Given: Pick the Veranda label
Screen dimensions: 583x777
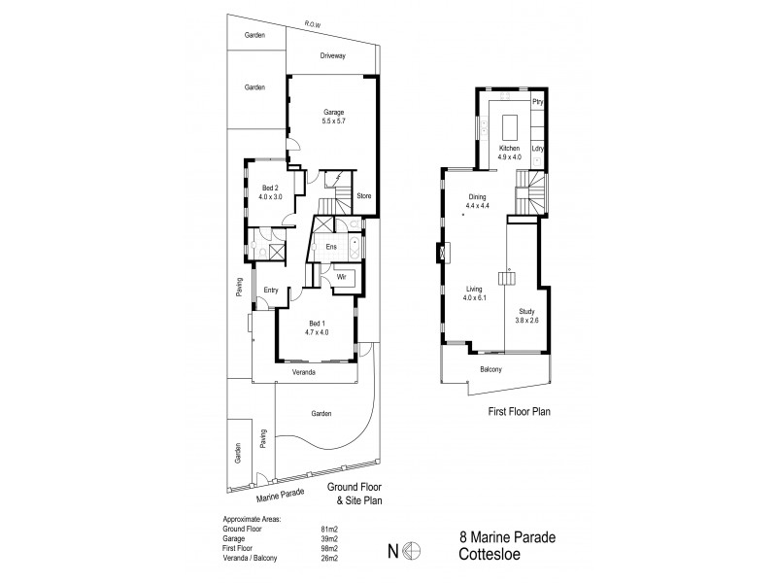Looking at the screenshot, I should coord(307,371).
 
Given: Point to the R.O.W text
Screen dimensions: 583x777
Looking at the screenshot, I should coord(312,22).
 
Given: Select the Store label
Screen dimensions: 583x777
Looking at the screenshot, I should coord(364,196).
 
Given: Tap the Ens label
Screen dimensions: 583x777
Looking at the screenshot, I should coord(331,247).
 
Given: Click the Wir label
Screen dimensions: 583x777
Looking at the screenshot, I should coord(341,277).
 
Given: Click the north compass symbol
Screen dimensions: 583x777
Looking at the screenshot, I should coord(412,552).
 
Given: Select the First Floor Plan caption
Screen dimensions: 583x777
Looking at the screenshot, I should coord(520,412).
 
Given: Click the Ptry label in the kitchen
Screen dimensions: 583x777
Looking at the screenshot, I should coord(537,101).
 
